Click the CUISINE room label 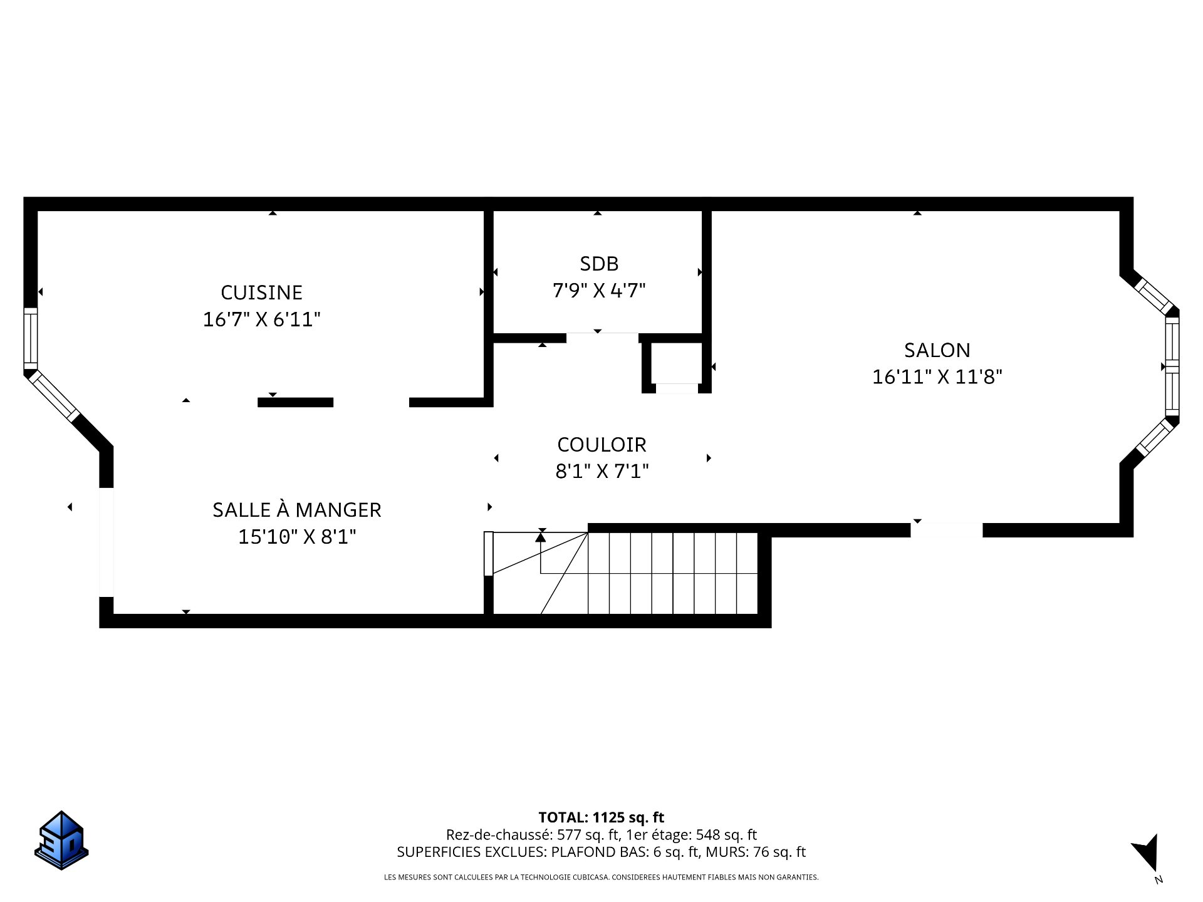pyautogui.click(x=261, y=293)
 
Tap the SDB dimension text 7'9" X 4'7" pyautogui.click(x=599, y=291)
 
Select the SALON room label pyautogui.click(x=937, y=350)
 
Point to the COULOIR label pyautogui.click(x=601, y=445)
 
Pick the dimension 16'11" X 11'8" pyautogui.click(x=937, y=377)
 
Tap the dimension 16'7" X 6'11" pyautogui.click(x=262, y=319)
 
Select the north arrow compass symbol pyautogui.click(x=1148, y=862)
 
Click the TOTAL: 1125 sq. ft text pyautogui.click(x=601, y=817)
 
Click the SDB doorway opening pyautogui.click(x=602, y=338)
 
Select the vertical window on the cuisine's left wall pyautogui.click(x=30, y=339)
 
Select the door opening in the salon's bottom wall pyautogui.click(x=946, y=530)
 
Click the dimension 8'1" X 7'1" pyautogui.click(x=602, y=471)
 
